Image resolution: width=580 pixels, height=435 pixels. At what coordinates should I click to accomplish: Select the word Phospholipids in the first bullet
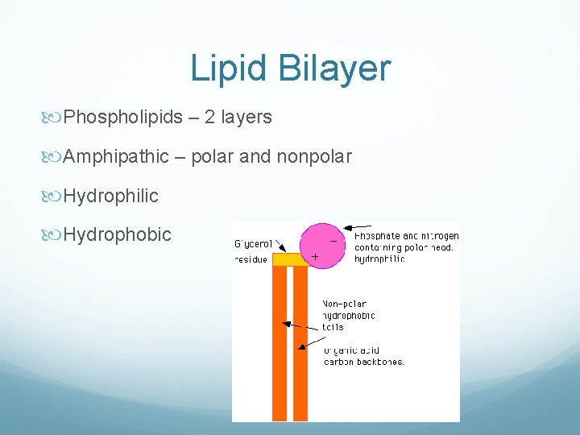pyautogui.click(x=123, y=118)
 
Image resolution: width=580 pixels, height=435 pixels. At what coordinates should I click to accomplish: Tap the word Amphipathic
pyautogui.click(x=117, y=156)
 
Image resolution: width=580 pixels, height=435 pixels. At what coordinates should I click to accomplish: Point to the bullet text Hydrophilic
pyautogui.click(x=111, y=196)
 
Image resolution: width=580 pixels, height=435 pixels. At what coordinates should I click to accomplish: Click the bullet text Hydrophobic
pyautogui.click(x=118, y=234)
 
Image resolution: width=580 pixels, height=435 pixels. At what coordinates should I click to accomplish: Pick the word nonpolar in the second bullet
pyautogui.click(x=314, y=156)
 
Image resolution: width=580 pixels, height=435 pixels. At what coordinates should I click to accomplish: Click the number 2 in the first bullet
pyautogui.click(x=209, y=118)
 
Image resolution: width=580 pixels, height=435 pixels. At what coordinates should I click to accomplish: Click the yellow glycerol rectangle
pyautogui.click(x=290, y=259)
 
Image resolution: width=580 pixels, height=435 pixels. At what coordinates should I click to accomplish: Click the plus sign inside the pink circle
pyautogui.click(x=314, y=257)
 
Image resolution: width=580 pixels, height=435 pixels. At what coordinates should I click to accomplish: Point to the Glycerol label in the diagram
pyautogui.click(x=253, y=242)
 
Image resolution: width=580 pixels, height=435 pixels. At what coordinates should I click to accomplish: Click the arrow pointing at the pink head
pyautogui.click(x=358, y=228)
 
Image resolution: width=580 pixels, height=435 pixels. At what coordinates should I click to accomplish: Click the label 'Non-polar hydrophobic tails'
pyautogui.click(x=348, y=316)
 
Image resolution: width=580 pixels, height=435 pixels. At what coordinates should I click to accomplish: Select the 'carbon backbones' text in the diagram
pyautogui.click(x=363, y=362)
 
